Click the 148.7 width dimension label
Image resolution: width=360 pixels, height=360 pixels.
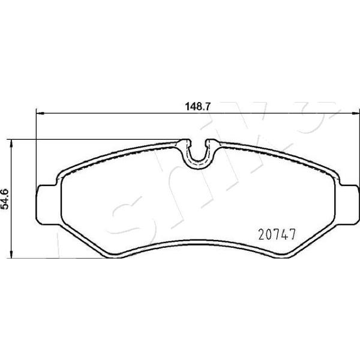pos(197,107)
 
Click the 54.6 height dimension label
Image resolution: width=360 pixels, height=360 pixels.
pos(5,199)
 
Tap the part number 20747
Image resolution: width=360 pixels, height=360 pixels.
pos(277,235)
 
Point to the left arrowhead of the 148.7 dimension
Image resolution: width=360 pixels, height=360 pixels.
pos(40,113)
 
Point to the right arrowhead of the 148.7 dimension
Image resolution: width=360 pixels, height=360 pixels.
pos(355,113)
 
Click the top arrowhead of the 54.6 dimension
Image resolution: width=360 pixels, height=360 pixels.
pos(11,143)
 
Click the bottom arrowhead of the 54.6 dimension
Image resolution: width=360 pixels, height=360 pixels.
pos(11,254)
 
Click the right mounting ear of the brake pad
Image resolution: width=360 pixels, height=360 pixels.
pos(349,204)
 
